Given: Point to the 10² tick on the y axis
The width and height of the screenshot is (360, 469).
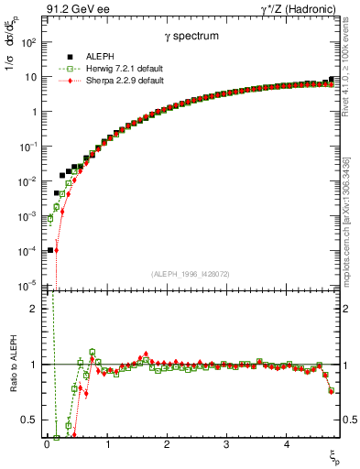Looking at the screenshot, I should click(30, 43).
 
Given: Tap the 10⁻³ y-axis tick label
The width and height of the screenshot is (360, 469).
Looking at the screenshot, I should click(28, 216).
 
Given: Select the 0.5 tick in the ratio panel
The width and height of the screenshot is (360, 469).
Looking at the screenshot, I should click(30, 420).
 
